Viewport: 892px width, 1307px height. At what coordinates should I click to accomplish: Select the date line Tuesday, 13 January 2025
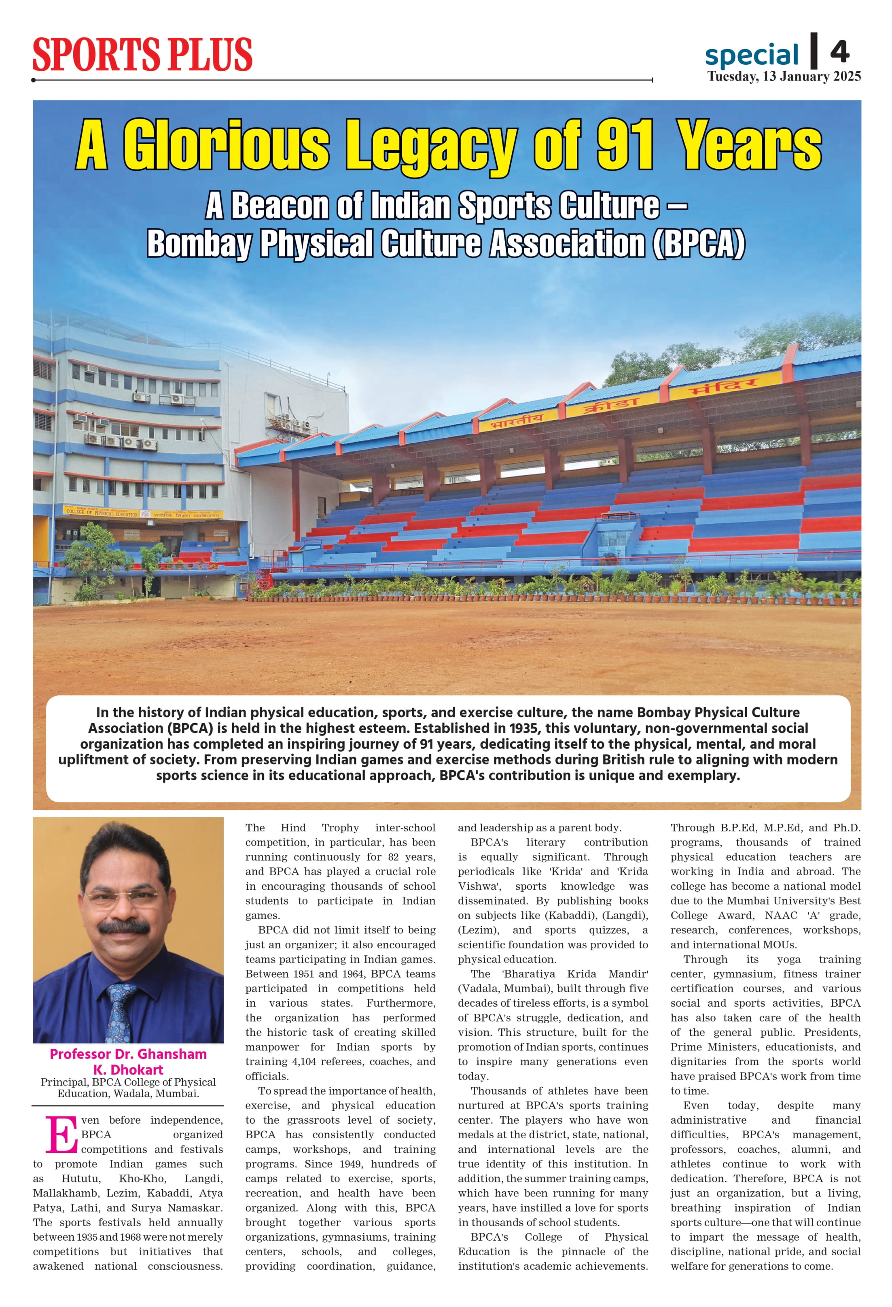pos(784,77)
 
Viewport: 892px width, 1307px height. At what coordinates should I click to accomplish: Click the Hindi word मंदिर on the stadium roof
pos(731,389)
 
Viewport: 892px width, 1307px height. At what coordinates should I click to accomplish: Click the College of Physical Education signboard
pos(102,513)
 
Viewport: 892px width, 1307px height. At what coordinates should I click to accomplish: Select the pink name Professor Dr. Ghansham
pos(128,1054)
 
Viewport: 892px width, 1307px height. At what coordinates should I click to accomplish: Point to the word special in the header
pos(752,55)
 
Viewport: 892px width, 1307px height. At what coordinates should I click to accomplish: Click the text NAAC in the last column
pos(781,915)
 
